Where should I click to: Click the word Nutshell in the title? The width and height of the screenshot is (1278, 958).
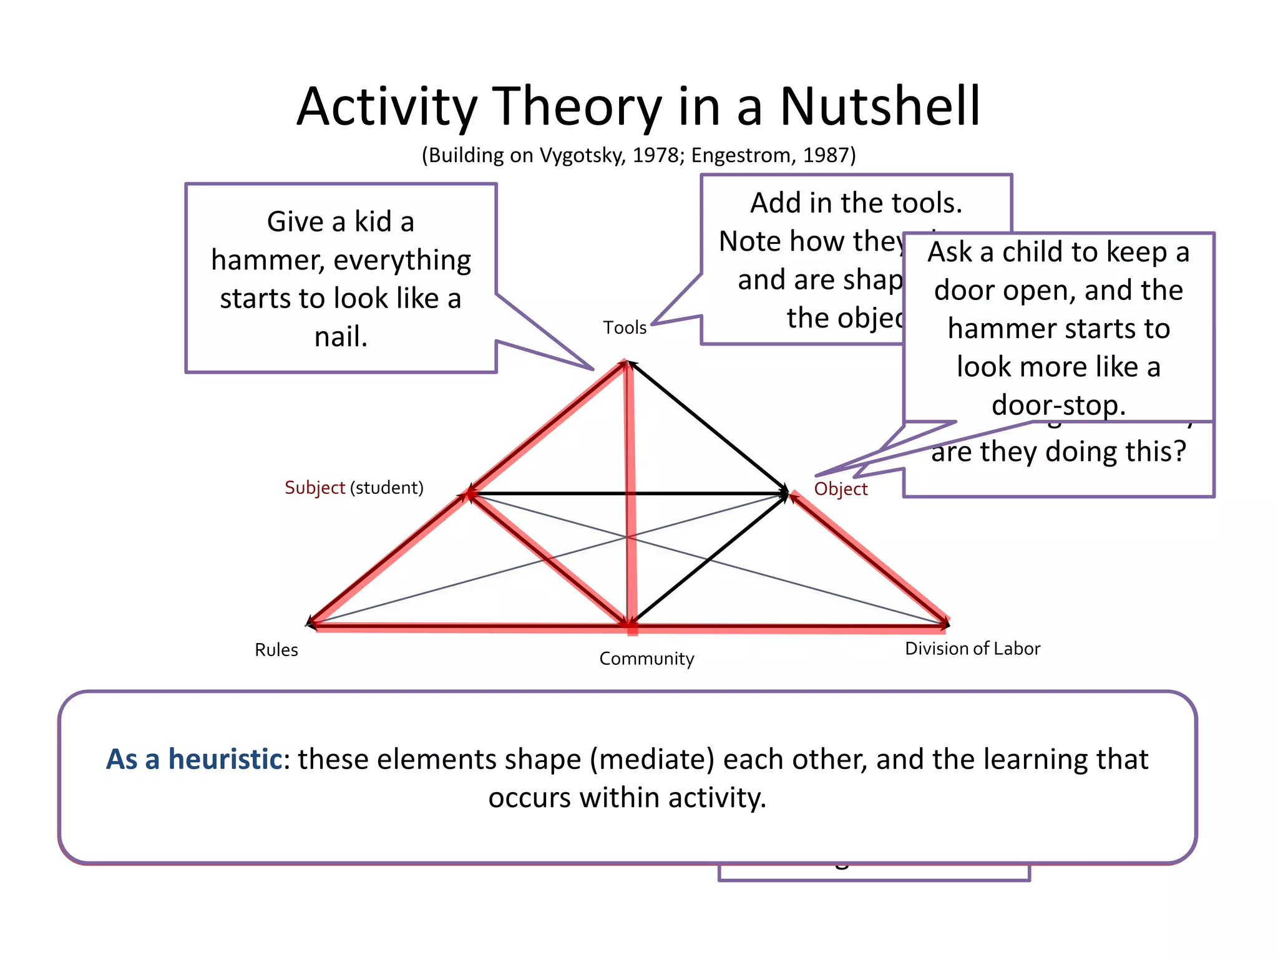880,107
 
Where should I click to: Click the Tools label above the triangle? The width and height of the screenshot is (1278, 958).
624,327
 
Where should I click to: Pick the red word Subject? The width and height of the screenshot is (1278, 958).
315,487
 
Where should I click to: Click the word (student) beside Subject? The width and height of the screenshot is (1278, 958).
387,487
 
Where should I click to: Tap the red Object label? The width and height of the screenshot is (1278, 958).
841,489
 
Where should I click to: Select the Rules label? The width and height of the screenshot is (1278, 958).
276,650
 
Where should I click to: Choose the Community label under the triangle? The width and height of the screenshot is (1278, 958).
646,659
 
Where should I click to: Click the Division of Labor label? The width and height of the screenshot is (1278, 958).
972,649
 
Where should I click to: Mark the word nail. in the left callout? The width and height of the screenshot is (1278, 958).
341,337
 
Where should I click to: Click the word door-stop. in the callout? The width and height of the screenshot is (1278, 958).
1058,405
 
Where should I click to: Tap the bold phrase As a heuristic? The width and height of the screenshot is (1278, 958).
194,760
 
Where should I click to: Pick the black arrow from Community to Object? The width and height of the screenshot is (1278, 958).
708,558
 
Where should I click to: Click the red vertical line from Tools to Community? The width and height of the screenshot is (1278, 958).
630,499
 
